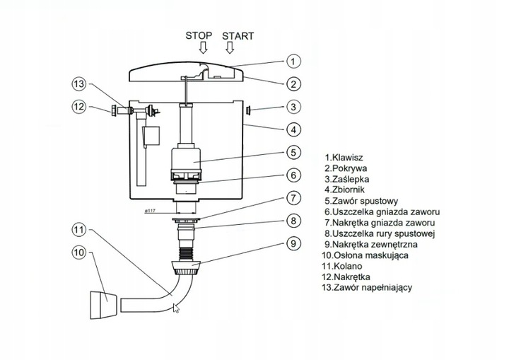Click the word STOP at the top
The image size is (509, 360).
[199, 35]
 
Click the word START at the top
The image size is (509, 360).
[238, 35]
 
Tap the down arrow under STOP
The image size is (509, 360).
[203, 49]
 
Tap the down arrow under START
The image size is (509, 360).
[228, 49]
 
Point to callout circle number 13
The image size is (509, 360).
[81, 85]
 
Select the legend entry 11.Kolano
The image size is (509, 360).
[346, 267]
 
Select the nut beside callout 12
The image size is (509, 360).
[113, 110]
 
